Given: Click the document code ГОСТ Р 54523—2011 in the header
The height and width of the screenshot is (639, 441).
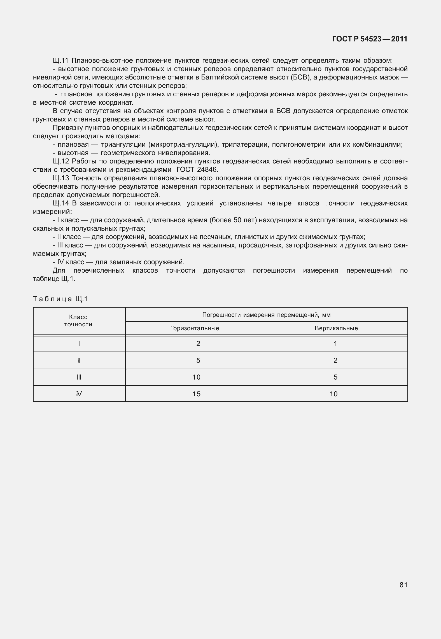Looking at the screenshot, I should [369, 39].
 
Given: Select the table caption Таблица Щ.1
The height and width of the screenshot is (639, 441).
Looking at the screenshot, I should [60, 299].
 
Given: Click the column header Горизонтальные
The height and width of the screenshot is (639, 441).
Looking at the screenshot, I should [195, 328].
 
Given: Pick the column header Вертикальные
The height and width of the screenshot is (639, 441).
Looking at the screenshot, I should [336, 328].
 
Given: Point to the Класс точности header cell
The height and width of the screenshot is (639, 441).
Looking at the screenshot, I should [78, 321].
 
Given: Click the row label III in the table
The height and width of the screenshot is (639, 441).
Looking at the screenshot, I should [79, 377].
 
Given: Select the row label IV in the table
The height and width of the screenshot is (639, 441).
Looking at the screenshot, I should [79, 394].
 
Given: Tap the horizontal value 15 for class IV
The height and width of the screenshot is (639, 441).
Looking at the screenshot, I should [197, 394].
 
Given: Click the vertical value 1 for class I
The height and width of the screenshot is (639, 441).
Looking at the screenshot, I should [335, 344].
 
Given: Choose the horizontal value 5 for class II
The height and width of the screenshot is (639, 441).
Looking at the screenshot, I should [198, 361].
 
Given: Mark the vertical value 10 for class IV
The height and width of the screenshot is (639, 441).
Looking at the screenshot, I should [333, 394].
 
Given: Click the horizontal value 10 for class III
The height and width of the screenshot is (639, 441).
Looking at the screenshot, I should [197, 377].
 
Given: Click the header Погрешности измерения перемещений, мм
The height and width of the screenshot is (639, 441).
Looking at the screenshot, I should [266, 315].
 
